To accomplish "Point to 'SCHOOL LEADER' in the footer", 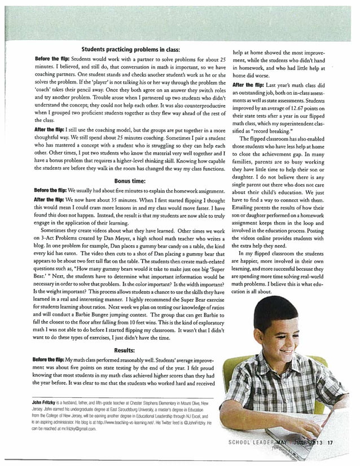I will click(253, 442).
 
